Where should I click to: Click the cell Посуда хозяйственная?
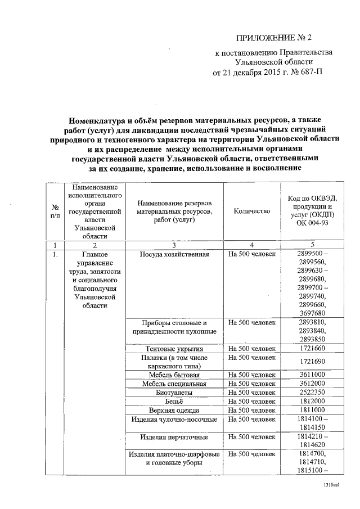click(174, 255)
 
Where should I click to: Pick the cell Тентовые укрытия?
click(174, 349)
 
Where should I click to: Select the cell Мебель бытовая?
click(174, 374)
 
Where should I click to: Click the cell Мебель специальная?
click(174, 383)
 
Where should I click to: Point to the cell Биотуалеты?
click(174, 392)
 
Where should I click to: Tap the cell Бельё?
click(174, 401)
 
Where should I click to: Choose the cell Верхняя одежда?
click(174, 410)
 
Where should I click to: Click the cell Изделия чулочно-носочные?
click(174, 419)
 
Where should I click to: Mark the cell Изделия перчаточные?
click(174, 436)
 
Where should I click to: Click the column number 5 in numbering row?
click(312, 245)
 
